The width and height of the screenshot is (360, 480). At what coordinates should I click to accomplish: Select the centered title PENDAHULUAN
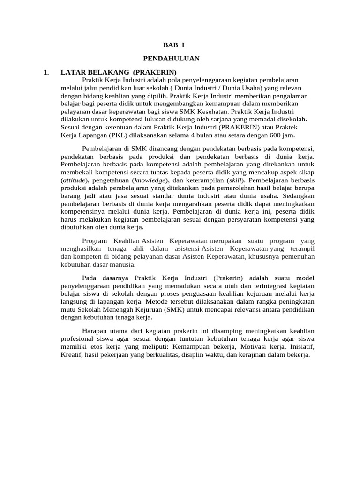[172, 58]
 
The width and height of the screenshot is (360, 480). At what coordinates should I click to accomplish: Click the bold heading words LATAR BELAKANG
[95, 72]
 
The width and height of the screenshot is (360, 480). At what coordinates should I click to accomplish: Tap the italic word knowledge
[150, 180]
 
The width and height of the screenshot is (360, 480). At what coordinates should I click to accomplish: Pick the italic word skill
[235, 180]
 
